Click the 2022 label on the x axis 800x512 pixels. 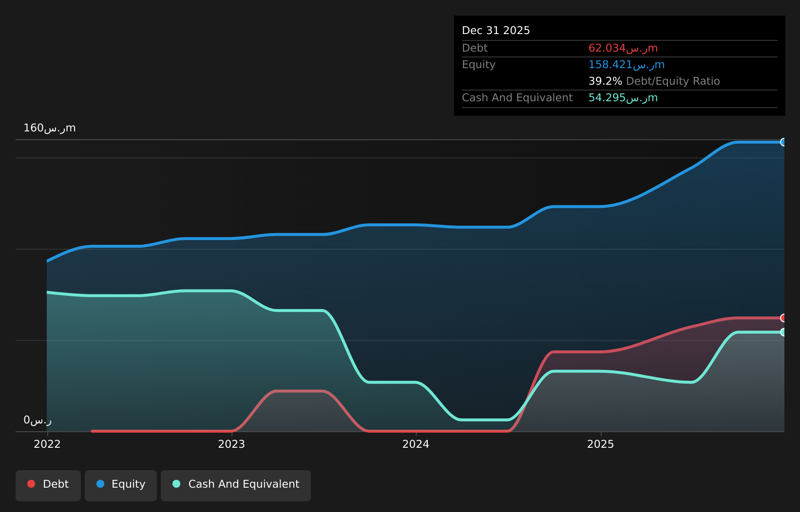(x=47, y=444)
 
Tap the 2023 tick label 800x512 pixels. (x=231, y=444)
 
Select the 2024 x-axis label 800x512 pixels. (x=416, y=444)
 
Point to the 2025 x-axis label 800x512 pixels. (x=600, y=444)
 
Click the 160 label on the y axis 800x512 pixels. (x=50, y=128)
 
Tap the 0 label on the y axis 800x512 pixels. (x=38, y=421)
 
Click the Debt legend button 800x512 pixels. (x=48, y=486)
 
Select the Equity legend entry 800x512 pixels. (x=121, y=486)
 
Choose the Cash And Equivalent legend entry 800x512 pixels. (x=236, y=486)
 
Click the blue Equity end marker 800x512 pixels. (x=783, y=143)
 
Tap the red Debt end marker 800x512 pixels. (x=783, y=318)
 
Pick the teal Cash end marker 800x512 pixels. (x=783, y=332)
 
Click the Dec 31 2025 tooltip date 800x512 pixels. (x=495, y=31)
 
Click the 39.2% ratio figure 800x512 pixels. (x=605, y=81)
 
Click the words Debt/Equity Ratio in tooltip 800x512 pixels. (x=673, y=81)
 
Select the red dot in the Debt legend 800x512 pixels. (x=32, y=484)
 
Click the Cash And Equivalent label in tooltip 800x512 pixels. (x=517, y=98)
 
